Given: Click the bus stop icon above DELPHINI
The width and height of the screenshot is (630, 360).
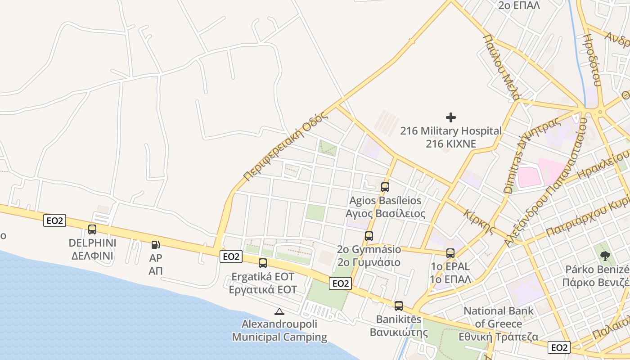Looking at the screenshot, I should pos(92,229).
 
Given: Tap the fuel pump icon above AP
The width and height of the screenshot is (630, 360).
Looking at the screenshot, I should pos(155,245).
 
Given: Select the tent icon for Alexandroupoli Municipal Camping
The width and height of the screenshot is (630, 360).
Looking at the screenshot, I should pos(279,311).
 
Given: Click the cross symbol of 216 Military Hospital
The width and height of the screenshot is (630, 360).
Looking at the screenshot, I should pos(451,117).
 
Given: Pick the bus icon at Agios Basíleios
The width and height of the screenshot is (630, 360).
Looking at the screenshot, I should pos(385,187).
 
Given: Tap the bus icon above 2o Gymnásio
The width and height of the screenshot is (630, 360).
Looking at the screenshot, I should pos(369,236).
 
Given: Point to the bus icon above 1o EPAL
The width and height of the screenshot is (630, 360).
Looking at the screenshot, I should pos(450,253).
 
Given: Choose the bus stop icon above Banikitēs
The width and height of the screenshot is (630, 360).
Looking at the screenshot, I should pos(399,306).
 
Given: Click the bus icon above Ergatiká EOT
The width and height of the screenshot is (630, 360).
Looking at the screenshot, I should pos(263,263).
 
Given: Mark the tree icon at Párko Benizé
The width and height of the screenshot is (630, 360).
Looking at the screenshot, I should pos(605,256).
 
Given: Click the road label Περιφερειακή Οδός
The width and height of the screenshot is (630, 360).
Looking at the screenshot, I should pos(284,146).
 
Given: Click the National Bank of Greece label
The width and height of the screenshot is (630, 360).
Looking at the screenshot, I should pos(499,317).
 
